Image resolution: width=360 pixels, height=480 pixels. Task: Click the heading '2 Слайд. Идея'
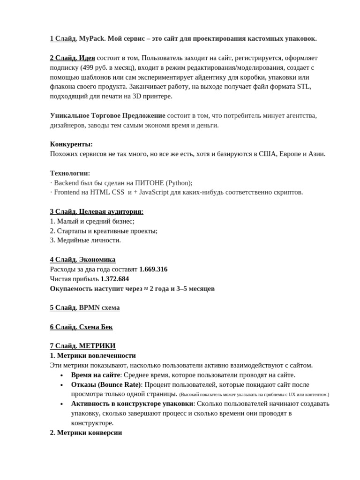pyautogui.click(x=72, y=58)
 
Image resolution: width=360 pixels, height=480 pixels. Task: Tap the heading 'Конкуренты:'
pyautogui.click(x=71, y=144)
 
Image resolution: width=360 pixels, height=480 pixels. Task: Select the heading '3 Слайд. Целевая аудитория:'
pyautogui.click(x=97, y=211)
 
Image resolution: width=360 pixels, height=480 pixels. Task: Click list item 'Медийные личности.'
pyautogui.click(x=89, y=240)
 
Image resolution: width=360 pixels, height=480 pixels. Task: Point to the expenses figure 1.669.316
pyautogui.click(x=153, y=269)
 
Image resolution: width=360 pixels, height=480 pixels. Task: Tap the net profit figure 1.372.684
pyautogui.click(x=115, y=279)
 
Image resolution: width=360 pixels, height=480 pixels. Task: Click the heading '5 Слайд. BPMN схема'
pyautogui.click(x=85, y=307)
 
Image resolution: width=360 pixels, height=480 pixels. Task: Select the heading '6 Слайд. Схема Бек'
pyautogui.click(x=81, y=327)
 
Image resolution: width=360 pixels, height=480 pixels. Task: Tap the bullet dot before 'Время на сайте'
pyautogui.click(x=62, y=375)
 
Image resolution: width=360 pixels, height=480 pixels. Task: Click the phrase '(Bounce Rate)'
pyautogui.click(x=119, y=384)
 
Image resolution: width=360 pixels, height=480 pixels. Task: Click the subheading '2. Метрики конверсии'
pyautogui.click(x=86, y=433)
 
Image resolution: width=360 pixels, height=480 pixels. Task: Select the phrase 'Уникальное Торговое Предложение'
pyautogui.click(x=107, y=115)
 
